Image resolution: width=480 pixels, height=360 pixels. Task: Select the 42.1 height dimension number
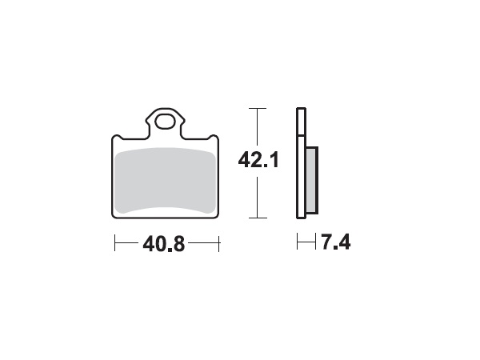[x=257, y=161]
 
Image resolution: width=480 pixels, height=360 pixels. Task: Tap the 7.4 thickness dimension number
[x=335, y=242]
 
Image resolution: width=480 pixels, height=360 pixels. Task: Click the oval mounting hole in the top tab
[x=166, y=122]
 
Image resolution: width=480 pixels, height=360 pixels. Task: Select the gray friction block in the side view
[x=311, y=182]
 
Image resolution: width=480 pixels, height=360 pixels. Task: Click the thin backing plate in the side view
[x=301, y=163]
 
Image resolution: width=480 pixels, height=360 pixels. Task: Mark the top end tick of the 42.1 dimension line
[x=256, y=108]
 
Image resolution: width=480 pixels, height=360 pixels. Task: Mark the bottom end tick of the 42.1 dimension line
[x=256, y=218]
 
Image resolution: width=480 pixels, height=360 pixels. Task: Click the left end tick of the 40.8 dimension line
[x=115, y=242]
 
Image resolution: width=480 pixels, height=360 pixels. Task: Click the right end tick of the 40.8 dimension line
[x=218, y=242]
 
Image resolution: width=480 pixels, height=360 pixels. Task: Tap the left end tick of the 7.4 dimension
[x=297, y=242]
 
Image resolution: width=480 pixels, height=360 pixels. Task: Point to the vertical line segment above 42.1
[x=256, y=128]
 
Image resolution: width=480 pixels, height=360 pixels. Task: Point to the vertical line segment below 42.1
[x=256, y=196]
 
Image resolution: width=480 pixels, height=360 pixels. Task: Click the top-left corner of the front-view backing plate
[x=113, y=136]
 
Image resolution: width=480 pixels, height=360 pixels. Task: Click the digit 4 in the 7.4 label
[x=343, y=242]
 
